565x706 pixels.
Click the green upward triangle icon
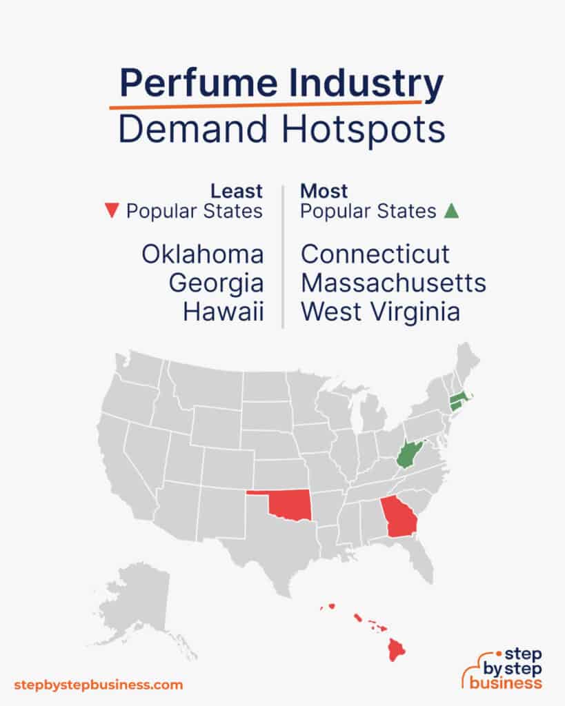tap(451, 211)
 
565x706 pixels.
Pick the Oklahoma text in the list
tap(203, 254)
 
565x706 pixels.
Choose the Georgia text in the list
tap(216, 283)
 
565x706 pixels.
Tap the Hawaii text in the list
tap(224, 312)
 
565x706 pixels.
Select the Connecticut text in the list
tap(375, 254)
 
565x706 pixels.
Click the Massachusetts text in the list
tap(393, 283)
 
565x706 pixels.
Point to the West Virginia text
tap(380, 312)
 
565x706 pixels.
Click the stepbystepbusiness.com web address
tap(99, 685)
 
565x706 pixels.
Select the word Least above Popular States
tap(237, 190)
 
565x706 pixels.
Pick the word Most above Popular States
tap(324, 190)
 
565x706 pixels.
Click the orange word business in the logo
tap(506, 683)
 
